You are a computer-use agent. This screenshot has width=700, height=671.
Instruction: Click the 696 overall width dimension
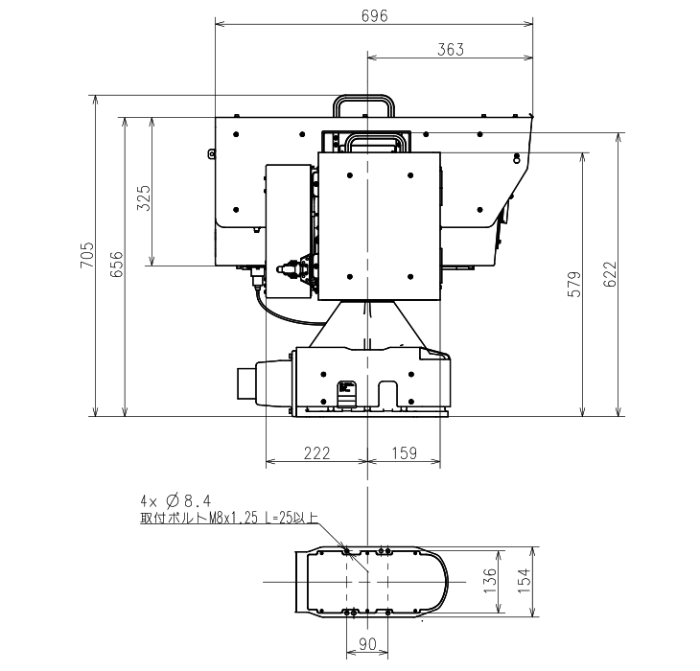(375, 16)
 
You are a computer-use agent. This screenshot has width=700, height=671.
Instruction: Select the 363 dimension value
(451, 50)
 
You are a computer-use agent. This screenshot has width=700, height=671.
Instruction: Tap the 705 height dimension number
(87, 255)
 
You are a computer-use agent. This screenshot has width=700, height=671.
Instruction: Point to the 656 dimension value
(117, 265)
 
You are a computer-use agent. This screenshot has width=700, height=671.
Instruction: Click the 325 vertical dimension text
(144, 198)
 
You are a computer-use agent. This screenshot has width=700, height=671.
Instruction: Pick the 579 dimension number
(574, 284)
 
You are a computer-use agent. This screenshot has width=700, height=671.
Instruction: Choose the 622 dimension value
(610, 274)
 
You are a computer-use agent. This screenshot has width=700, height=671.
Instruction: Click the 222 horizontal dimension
(317, 453)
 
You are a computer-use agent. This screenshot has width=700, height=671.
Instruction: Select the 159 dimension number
(405, 453)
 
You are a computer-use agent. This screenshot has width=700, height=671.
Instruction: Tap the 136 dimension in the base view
(490, 581)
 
